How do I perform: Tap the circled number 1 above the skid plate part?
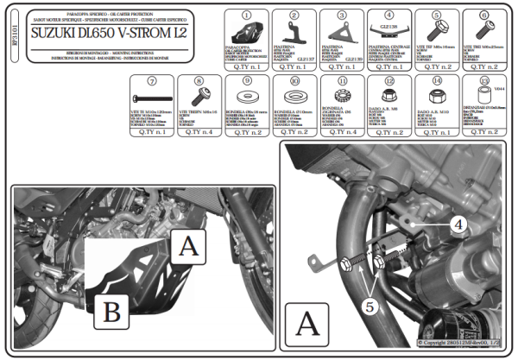(246, 16)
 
